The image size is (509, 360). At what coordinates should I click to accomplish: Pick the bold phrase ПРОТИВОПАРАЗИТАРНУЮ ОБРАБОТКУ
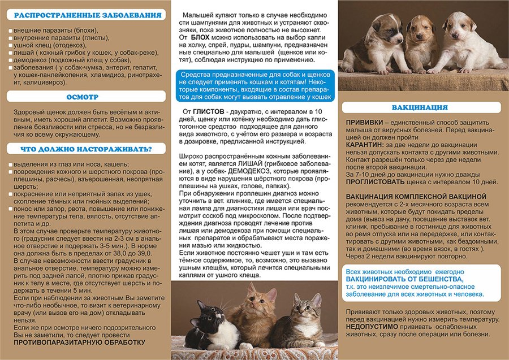click(79, 342)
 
